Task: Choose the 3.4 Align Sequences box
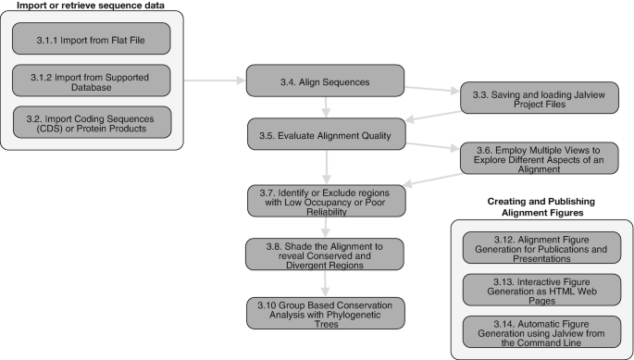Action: (325, 81)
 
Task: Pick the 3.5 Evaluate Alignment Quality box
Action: (325, 135)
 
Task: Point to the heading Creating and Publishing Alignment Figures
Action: (541, 205)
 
